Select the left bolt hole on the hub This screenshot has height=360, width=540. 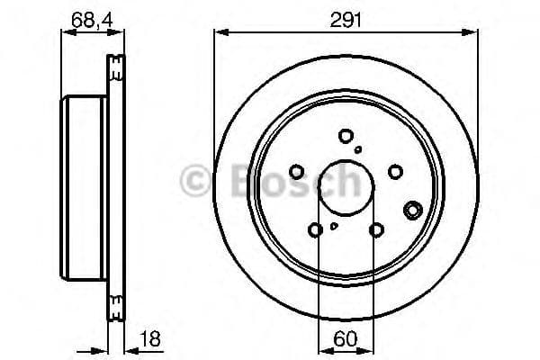pyautogui.click(x=298, y=172)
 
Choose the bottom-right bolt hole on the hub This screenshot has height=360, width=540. pyautogui.click(x=376, y=229)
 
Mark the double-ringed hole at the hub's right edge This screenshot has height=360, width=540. pyautogui.click(x=413, y=210)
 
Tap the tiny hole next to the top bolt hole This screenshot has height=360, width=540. pyautogui.click(x=358, y=149)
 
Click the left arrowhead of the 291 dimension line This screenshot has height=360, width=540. pyautogui.click(x=219, y=32)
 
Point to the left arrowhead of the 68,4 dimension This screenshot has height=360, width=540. pyautogui.click(x=65, y=32)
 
